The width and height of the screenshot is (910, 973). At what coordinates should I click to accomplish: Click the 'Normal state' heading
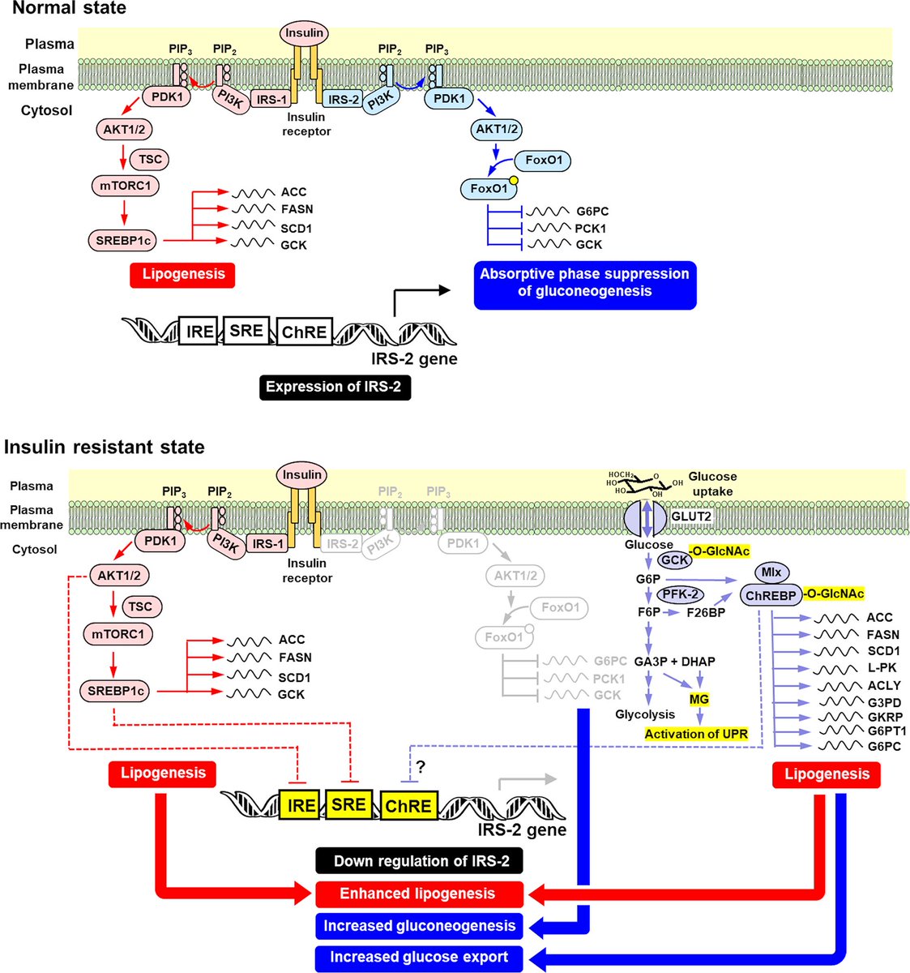coord(69,8)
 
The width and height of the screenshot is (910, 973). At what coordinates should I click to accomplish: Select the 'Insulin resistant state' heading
coord(105,447)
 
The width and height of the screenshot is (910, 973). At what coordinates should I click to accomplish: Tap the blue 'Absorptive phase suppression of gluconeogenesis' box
coord(585,285)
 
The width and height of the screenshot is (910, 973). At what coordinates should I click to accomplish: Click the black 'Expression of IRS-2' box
coord(335,387)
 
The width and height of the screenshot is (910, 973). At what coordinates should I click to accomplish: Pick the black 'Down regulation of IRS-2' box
coord(419,861)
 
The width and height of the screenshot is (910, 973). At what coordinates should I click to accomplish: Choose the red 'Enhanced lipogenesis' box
coord(419,894)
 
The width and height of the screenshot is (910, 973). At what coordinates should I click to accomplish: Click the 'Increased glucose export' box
coord(419,957)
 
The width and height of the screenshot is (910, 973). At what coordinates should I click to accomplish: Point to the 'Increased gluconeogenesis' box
coord(419,925)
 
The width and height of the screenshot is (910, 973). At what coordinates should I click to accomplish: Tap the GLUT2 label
coord(690,516)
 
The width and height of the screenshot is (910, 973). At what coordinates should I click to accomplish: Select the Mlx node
coord(771,572)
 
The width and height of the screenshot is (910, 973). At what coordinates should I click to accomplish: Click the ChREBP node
coord(771,595)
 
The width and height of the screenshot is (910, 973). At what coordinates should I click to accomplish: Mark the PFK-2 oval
coord(680,595)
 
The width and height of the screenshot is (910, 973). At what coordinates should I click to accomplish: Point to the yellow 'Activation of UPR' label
coord(696,734)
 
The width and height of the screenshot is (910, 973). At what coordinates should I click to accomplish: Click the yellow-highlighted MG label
coord(699,699)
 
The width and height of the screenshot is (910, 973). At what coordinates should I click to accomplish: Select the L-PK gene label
coord(882,667)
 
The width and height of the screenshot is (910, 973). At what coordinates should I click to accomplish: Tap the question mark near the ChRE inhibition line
coord(420,767)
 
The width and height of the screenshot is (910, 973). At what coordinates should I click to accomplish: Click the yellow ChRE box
coord(408,806)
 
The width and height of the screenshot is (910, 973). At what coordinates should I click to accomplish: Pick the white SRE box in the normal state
coord(246,331)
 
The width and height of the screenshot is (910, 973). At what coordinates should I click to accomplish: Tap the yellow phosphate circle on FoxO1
coord(513,180)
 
